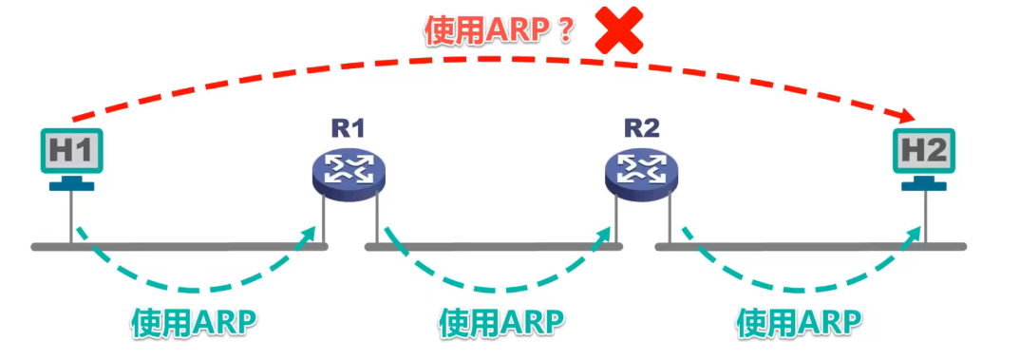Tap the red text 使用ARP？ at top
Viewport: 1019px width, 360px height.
pyautogui.click(x=500, y=31)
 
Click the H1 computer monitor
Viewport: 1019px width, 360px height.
pyautogui.click(x=72, y=151)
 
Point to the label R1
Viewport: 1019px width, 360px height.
pyautogui.click(x=348, y=128)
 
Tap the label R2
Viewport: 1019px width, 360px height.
pyautogui.click(x=641, y=128)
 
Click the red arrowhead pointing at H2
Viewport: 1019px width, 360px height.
pyautogui.click(x=906, y=116)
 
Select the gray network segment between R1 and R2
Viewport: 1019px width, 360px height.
pyautogui.click(x=494, y=248)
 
